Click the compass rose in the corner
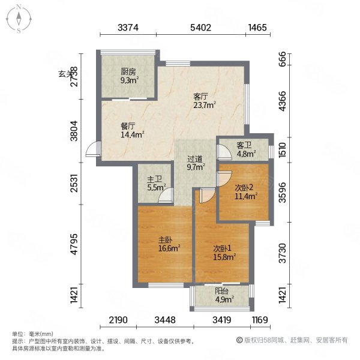point(19,19)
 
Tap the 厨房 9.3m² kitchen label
point(130,76)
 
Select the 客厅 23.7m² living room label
point(205,101)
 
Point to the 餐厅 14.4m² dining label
point(132,130)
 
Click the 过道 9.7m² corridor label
point(196,163)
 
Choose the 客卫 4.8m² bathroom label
point(246,149)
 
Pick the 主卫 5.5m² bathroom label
point(157,183)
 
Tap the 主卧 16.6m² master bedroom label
point(169,244)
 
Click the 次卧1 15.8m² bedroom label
point(224,253)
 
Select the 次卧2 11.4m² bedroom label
point(245,192)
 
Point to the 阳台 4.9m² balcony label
point(224,295)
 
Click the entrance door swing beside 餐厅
point(93,149)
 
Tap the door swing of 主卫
point(166,196)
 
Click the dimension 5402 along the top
point(200,28)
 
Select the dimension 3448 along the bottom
point(165,320)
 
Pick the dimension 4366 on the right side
point(283,101)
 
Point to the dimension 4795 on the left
point(74,244)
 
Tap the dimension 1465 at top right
point(257,28)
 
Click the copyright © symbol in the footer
point(239,340)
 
